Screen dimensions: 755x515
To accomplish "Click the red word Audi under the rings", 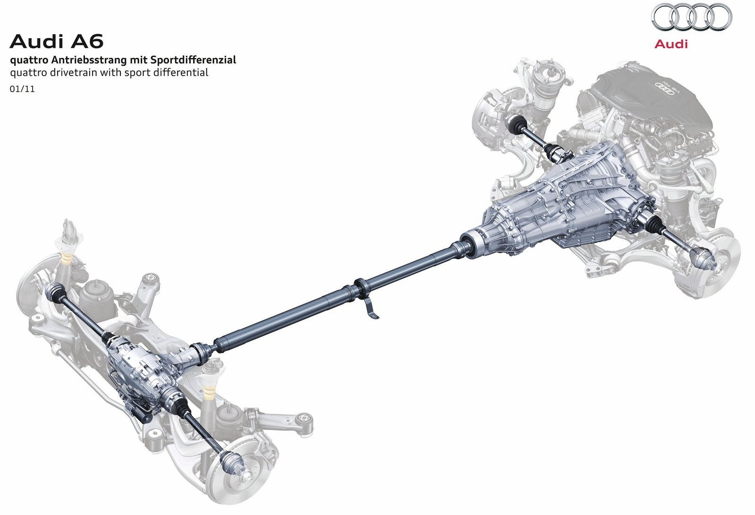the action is point(671,44).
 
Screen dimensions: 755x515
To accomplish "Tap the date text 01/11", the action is point(22,89).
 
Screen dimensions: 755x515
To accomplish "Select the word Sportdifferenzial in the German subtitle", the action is point(193,60).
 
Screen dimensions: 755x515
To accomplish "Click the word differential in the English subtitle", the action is point(182,72).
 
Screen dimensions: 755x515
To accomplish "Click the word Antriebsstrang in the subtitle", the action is point(89,60).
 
